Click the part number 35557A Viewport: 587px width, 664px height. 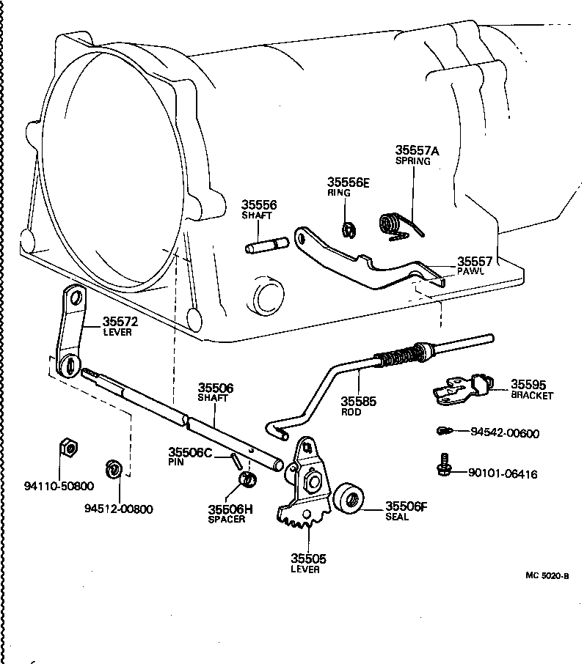pos(417,150)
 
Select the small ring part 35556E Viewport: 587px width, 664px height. pos(349,228)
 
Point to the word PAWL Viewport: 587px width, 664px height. pos(470,271)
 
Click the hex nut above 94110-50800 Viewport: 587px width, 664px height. pos(68,447)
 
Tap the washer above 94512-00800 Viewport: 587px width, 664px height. pos(114,469)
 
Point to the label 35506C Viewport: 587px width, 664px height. pos(190,452)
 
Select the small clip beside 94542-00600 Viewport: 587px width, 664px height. pos(442,432)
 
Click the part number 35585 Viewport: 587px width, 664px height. pos(357,401)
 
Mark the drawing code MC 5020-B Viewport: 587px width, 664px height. pos(547,575)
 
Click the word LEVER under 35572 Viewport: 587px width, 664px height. pos(119,331)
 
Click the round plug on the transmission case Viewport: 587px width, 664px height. pos(266,296)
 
